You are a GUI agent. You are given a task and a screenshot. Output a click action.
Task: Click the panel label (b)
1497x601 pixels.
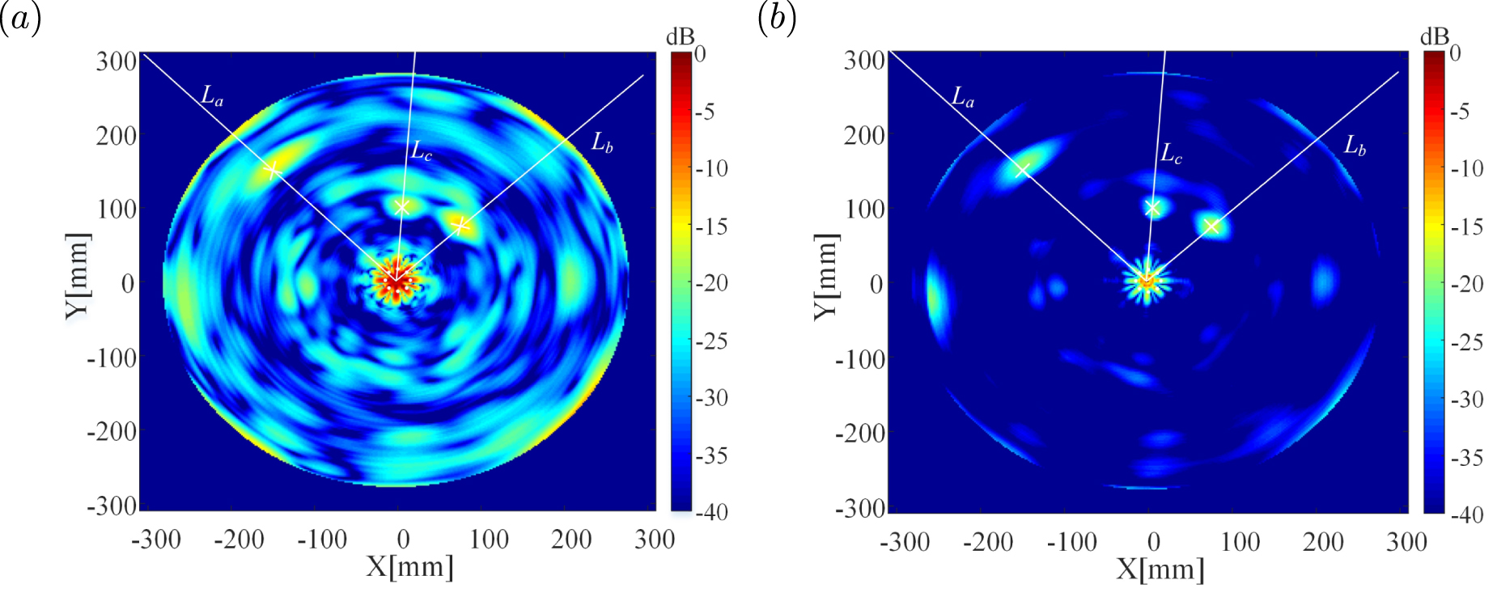click(777, 18)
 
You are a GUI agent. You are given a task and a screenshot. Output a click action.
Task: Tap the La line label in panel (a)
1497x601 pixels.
click(212, 96)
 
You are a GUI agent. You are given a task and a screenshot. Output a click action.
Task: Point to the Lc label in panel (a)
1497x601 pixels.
click(422, 150)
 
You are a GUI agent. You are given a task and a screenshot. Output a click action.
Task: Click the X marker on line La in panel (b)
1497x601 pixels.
click(1022, 169)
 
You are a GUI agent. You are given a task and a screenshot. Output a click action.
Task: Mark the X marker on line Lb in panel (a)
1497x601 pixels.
click(460, 224)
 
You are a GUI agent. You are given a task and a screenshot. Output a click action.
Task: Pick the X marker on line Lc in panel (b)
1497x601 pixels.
click(1153, 208)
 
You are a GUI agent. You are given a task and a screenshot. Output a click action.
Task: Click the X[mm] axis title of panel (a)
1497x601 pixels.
click(409, 566)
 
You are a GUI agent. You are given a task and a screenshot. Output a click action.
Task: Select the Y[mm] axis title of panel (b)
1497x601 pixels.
click(826, 277)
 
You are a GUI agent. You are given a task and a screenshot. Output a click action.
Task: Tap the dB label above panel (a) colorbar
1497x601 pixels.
click(681, 37)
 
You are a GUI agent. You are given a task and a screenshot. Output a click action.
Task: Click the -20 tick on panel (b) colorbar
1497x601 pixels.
click(1466, 284)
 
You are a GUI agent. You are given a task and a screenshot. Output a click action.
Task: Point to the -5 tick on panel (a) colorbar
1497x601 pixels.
click(706, 112)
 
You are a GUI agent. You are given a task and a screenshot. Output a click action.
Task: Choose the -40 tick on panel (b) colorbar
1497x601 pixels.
click(1466, 514)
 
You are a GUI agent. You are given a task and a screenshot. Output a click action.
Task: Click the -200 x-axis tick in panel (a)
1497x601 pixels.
click(239, 539)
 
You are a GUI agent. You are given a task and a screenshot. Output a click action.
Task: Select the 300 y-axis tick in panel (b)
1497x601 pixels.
click(864, 61)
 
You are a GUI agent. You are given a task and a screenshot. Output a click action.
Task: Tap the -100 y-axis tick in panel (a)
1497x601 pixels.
click(112, 358)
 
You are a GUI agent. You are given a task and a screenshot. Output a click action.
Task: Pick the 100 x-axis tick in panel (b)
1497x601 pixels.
click(1240, 541)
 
